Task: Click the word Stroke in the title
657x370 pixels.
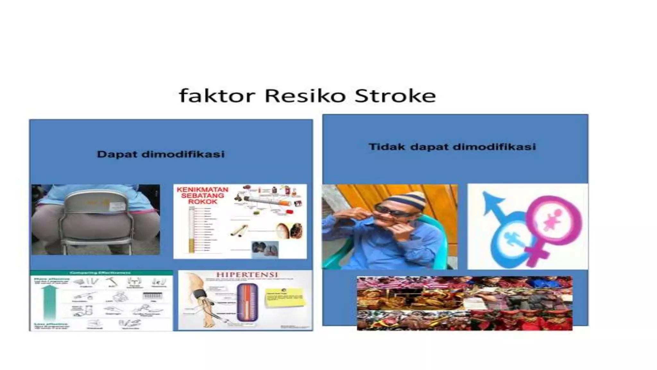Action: pos(395,96)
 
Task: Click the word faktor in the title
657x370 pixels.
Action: pos(217,96)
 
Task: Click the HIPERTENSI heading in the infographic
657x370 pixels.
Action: pos(247,275)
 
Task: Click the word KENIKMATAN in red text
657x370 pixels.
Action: pos(202,189)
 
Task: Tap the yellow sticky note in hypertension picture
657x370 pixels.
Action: pos(284,298)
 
